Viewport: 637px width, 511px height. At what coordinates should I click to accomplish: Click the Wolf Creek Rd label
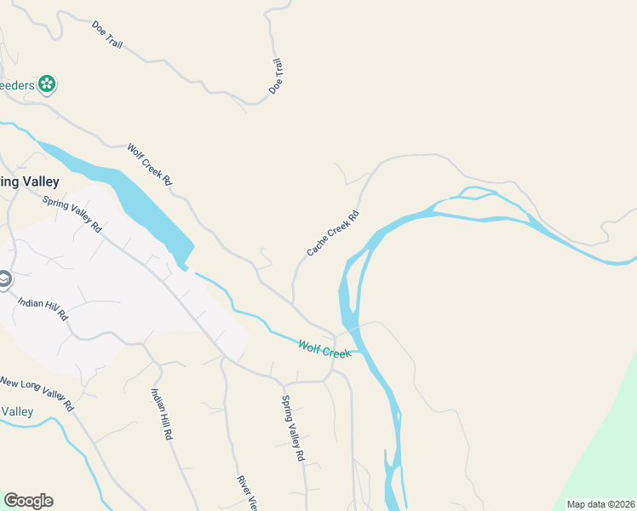click(x=150, y=164)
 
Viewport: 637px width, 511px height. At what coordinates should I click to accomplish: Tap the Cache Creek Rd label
click(x=333, y=233)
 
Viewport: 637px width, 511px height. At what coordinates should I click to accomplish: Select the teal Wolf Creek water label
click(x=324, y=348)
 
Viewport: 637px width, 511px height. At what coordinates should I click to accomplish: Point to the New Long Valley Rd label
click(x=36, y=393)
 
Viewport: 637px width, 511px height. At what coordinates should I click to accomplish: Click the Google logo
click(x=28, y=500)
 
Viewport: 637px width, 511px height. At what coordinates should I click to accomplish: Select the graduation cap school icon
click(x=4, y=279)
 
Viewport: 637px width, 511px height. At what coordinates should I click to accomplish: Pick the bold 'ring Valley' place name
click(x=29, y=181)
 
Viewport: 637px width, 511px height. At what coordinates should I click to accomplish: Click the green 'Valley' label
click(x=17, y=412)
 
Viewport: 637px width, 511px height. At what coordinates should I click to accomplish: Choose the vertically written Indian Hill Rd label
click(x=162, y=414)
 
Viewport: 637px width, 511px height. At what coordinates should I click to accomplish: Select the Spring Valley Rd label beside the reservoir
click(x=72, y=215)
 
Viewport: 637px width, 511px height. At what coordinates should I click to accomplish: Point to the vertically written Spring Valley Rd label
click(x=293, y=428)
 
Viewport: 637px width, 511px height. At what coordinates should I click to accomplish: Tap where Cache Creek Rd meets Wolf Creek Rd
click(x=293, y=304)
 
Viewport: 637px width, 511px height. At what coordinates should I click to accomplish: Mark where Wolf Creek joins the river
click(x=358, y=351)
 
